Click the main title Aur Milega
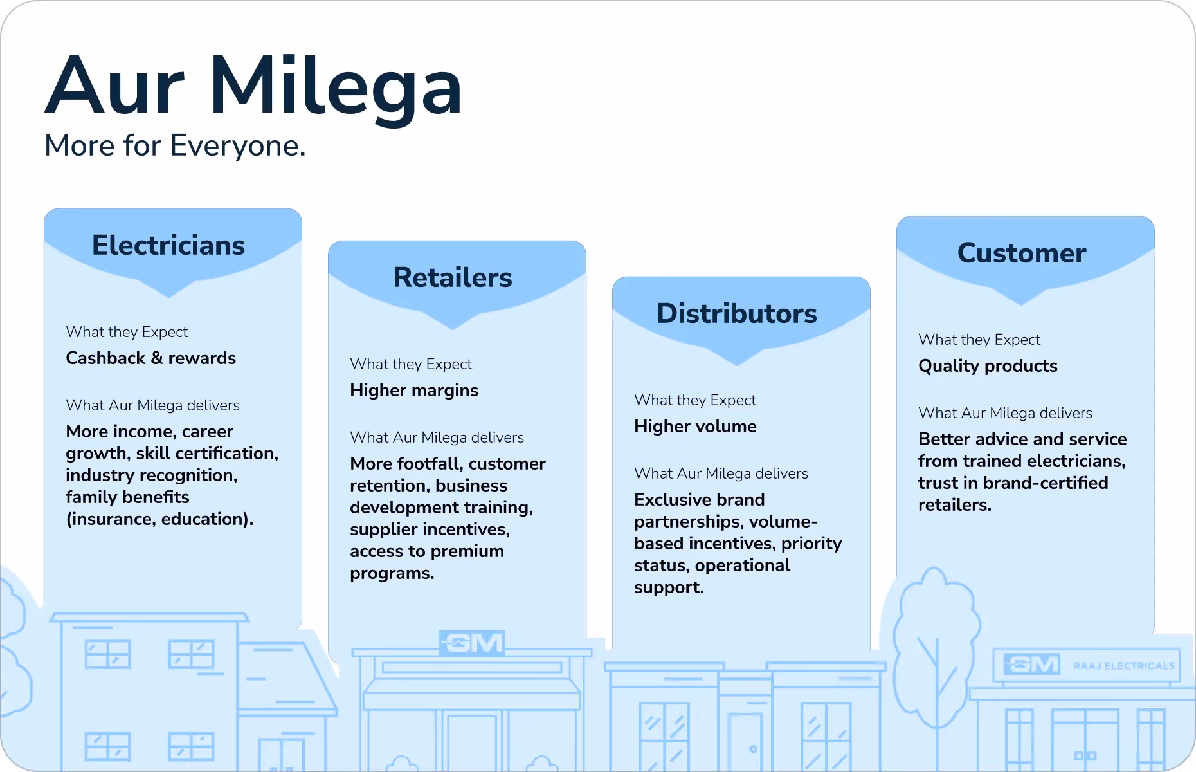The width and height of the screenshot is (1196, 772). coord(253,86)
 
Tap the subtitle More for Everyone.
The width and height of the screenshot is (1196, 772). coord(175,145)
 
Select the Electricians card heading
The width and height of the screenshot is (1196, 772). coord(168,245)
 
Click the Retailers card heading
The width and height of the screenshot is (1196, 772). coord(453,277)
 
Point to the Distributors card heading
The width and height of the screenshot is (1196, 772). coord(737,313)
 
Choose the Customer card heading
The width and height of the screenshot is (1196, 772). coord(1022,253)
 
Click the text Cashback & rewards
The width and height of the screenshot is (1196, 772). coord(151,358)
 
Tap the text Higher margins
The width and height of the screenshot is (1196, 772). coord(414,391)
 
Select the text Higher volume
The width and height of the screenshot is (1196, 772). coord(695,427)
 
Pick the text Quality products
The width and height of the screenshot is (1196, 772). coord(988,366)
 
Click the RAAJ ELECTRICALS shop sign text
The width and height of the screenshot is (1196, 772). coord(1124,666)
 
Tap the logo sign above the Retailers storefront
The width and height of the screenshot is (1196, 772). coord(473,643)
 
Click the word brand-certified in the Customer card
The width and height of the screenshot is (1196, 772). coord(1055,483)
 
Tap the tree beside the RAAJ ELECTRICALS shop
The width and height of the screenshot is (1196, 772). coord(936,637)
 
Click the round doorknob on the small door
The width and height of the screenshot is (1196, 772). coord(753,749)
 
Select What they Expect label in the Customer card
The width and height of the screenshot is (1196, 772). coord(979,340)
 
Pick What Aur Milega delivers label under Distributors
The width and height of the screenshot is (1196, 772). coord(721,473)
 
